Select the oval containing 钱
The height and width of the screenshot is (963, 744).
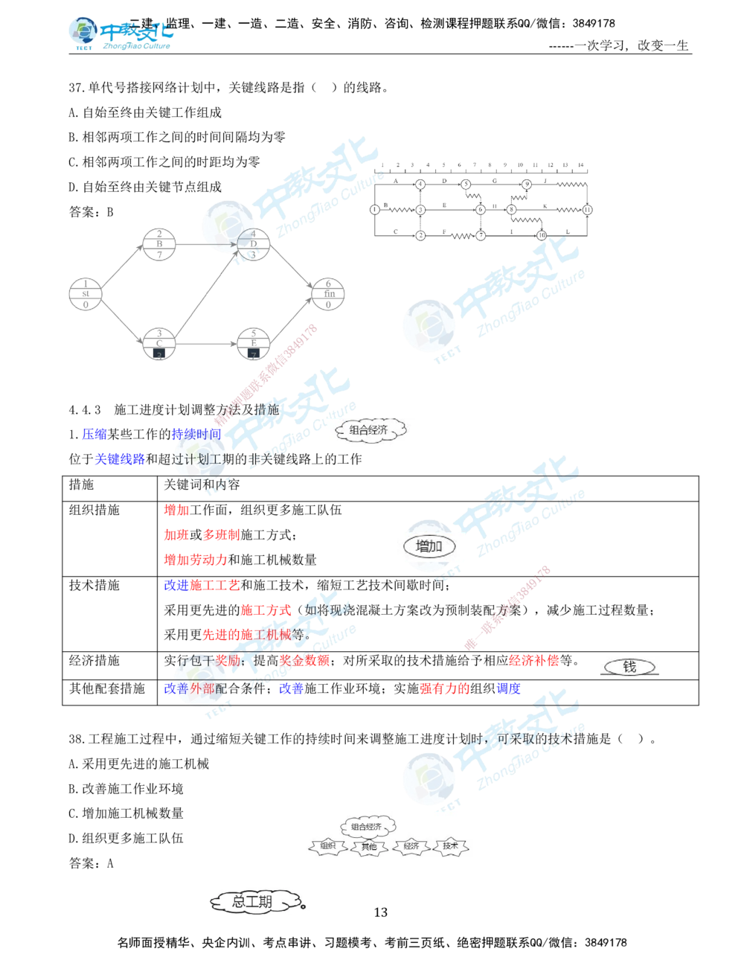point(629,667)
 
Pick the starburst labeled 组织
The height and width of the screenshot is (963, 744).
point(327,846)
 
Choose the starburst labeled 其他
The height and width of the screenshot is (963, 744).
point(369,846)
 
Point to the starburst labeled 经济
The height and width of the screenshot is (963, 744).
point(411,846)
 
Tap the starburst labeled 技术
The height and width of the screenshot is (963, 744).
point(451,846)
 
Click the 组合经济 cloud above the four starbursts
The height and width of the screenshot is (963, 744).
point(369,827)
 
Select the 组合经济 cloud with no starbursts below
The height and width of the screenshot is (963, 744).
point(368,431)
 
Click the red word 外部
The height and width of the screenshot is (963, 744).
point(202,689)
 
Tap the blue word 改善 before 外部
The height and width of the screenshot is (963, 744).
point(176,689)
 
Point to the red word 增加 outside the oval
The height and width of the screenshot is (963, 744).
point(176,511)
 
